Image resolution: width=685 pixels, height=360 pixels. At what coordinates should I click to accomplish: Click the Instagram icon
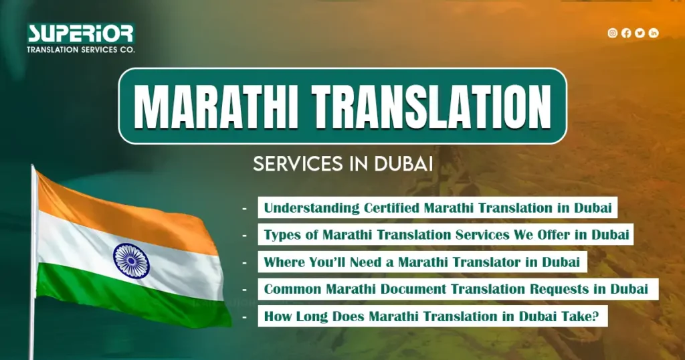612,33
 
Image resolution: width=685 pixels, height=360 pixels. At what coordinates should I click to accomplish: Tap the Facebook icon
626,33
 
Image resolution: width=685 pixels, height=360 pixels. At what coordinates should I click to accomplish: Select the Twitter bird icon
640,33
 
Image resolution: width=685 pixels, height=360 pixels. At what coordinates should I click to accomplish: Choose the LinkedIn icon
654,33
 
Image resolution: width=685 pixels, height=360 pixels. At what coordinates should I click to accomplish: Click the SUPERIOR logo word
80,33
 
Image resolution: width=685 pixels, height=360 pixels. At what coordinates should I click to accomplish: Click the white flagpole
32,268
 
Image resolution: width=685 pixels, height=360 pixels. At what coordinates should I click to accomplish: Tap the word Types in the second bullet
280,235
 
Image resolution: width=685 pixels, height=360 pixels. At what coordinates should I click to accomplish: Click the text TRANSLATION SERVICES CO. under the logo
80,50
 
